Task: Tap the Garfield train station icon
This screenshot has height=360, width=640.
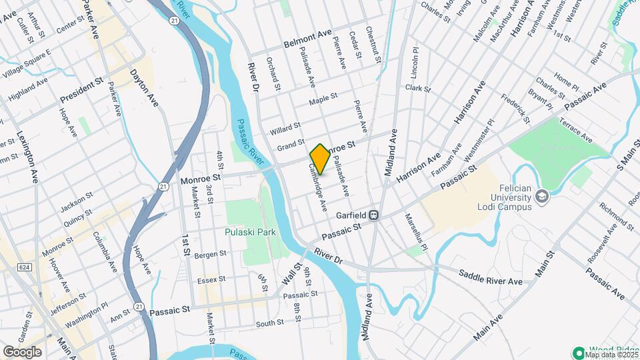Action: point(375,215)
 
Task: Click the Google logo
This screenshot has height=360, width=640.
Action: point(22,351)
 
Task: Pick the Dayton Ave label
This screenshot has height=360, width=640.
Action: point(144,89)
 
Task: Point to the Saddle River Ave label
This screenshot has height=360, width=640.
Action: point(490,278)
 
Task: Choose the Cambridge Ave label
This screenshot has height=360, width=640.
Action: point(317,188)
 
